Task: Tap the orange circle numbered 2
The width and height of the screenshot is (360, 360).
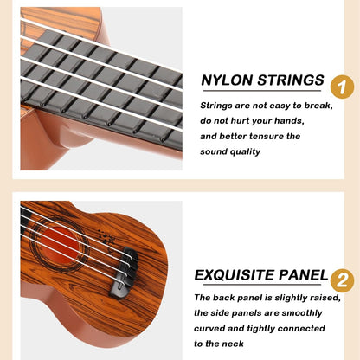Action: pos(342,280)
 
